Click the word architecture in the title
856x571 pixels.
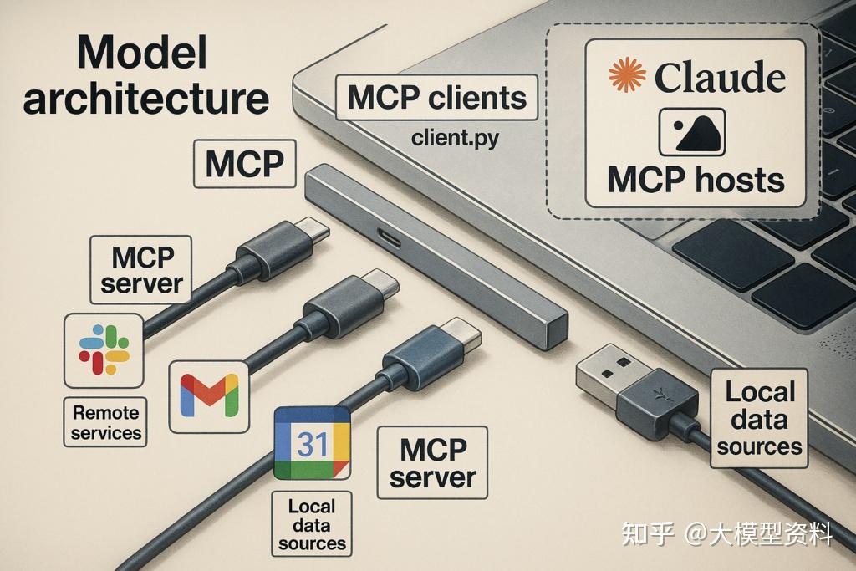(146, 99)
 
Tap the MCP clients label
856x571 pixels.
(436, 98)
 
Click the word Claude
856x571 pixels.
(719, 78)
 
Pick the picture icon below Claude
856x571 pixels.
(692, 132)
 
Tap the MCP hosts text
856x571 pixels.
(695, 180)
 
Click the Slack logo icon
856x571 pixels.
(104, 349)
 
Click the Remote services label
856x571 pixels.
(106, 421)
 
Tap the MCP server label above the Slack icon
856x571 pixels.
(140, 269)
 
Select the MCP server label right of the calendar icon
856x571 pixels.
(432, 462)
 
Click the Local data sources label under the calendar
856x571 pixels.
(311, 524)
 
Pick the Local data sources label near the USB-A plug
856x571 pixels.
(759, 418)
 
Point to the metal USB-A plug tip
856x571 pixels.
(604, 368)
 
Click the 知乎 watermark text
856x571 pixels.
(647, 533)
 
